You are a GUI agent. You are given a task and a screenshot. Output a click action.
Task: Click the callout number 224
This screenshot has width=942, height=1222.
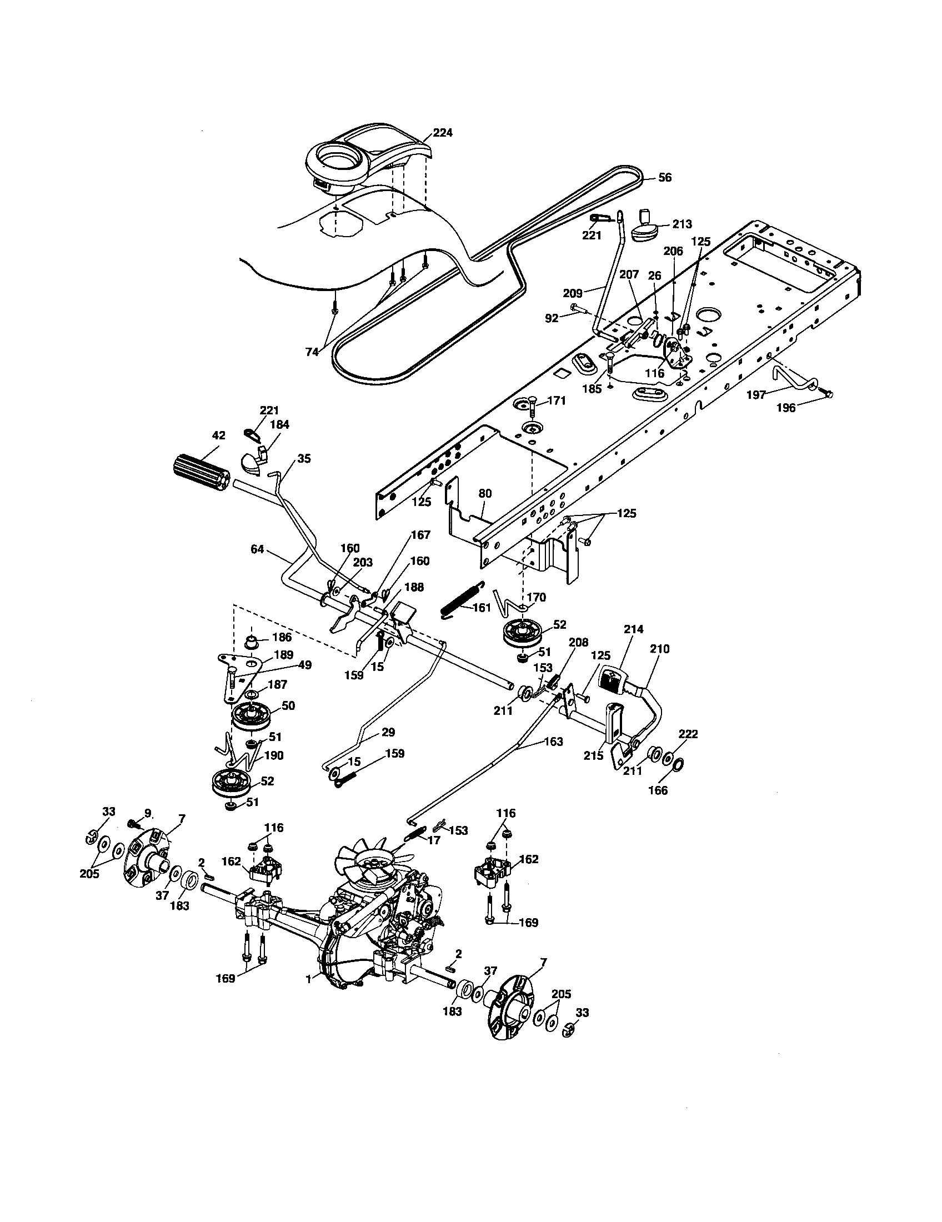443,133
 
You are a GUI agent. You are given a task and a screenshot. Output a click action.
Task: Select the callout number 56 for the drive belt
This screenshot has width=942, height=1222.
664,177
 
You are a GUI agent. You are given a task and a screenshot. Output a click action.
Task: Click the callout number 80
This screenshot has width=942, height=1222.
484,494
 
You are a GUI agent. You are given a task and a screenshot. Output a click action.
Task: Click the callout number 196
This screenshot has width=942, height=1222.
786,408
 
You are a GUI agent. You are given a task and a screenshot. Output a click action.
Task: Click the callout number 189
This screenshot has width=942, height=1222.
284,655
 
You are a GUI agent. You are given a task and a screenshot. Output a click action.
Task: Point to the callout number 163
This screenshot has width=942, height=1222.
553,742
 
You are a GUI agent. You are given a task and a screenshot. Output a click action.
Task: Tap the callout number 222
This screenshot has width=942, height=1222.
688,734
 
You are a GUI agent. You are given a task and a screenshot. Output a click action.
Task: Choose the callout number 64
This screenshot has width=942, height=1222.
257,549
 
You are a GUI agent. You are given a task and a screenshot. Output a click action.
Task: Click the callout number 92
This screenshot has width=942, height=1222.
552,318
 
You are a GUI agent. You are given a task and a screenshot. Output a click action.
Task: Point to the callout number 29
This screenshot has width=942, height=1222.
388,733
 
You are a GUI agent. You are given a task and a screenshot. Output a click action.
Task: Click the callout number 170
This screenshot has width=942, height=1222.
536,598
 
